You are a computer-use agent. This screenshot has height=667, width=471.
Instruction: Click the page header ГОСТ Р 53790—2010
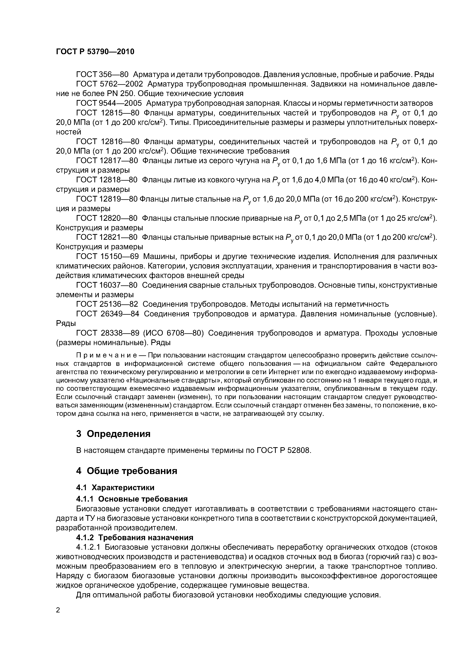(95, 52)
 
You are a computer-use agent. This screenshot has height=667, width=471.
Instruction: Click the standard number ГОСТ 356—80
(102, 75)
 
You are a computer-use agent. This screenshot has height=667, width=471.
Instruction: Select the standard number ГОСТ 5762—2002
(109, 84)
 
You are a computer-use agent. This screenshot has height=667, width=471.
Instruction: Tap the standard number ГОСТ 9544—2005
(109, 103)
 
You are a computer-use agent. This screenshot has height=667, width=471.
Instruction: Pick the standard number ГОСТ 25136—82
(107, 304)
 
